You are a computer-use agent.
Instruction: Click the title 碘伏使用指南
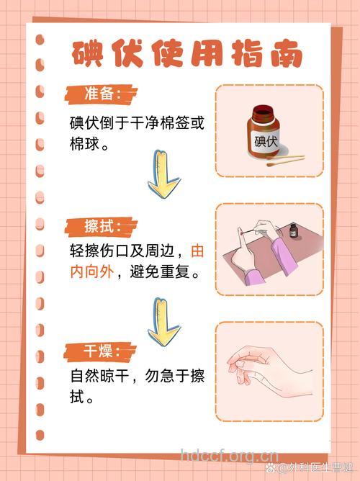pyautogui.click(x=186, y=54)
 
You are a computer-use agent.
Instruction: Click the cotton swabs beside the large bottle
pyautogui.click(x=286, y=161)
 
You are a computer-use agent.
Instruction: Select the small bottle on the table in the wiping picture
pyautogui.click(x=293, y=231)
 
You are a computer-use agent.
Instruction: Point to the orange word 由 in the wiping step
pyautogui.click(x=197, y=251)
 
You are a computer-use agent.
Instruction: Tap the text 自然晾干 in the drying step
pyautogui.click(x=99, y=376)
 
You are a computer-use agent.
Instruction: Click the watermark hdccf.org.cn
pyautogui.click(x=228, y=456)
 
